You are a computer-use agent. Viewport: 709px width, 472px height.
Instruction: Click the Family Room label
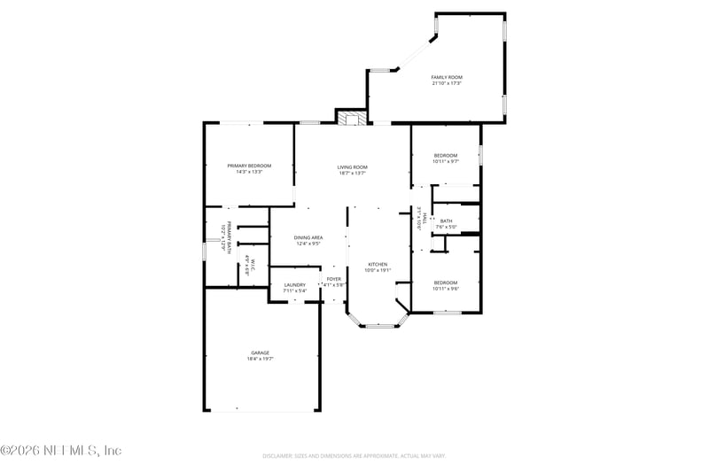coord(447,77)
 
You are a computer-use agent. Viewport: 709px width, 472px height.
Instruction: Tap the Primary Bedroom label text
coord(249,166)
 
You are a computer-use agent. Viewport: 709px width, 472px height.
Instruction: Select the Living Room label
coord(352,166)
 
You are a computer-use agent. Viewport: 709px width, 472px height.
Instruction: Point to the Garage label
coord(260,352)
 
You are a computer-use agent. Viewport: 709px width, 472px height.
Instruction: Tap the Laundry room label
coord(294,284)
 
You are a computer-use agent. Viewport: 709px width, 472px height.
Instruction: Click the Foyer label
coord(333,279)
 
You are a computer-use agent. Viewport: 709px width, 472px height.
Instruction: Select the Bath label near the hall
coord(446,221)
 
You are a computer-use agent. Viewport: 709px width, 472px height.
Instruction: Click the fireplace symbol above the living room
coord(352,118)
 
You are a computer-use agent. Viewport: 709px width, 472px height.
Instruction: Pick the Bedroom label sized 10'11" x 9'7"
coord(446,155)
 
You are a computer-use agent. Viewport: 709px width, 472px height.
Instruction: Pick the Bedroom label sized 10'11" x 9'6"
coord(446,282)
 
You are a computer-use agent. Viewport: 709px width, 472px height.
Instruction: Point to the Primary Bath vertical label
coord(227,238)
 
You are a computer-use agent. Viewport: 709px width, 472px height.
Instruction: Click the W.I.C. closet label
coord(253,266)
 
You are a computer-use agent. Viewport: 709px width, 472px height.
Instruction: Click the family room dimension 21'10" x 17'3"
coord(447,83)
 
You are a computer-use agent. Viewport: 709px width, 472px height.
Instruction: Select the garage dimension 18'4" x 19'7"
coord(260,359)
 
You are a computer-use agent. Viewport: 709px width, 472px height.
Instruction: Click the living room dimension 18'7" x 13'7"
coord(352,173)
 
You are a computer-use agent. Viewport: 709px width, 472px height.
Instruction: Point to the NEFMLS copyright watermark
coord(61,451)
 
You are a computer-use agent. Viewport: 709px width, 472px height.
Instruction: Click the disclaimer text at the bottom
coord(354,456)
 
